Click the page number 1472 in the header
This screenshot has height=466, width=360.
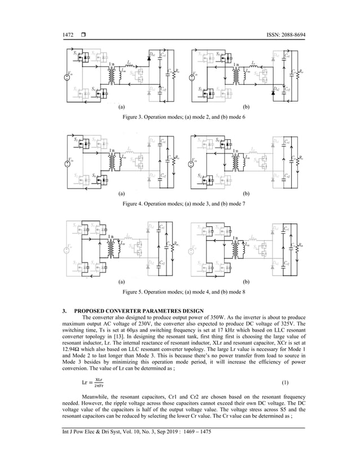tap(54, 36)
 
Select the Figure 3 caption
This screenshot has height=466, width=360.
tap(180, 116)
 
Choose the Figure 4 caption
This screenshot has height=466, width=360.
tap(180, 203)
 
